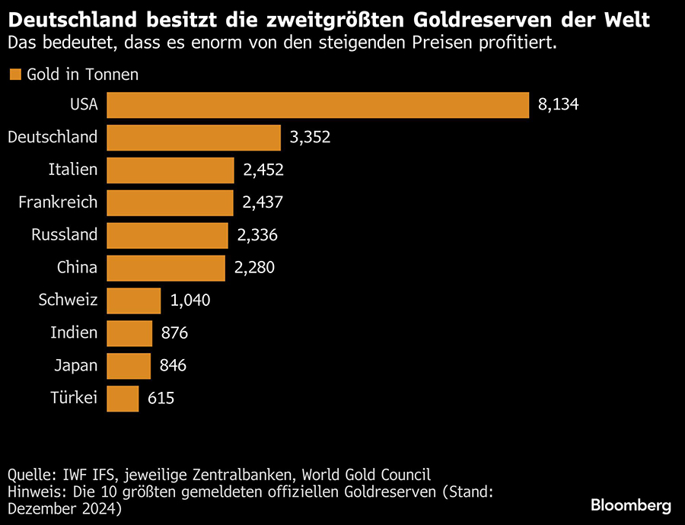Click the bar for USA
[317, 105]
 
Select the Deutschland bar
[194, 138]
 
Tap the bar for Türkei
[123, 398]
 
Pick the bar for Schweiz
[134, 301]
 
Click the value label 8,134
[558, 105]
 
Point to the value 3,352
[310, 138]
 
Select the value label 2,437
[263, 202]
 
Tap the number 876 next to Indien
[174, 333]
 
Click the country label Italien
[73, 170]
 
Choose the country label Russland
[65, 235]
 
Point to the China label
[77, 268]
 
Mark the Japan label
[76, 366]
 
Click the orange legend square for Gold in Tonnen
[14, 75]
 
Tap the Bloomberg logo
[631, 506]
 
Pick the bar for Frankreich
[170, 202]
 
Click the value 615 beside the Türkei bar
[161, 398]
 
